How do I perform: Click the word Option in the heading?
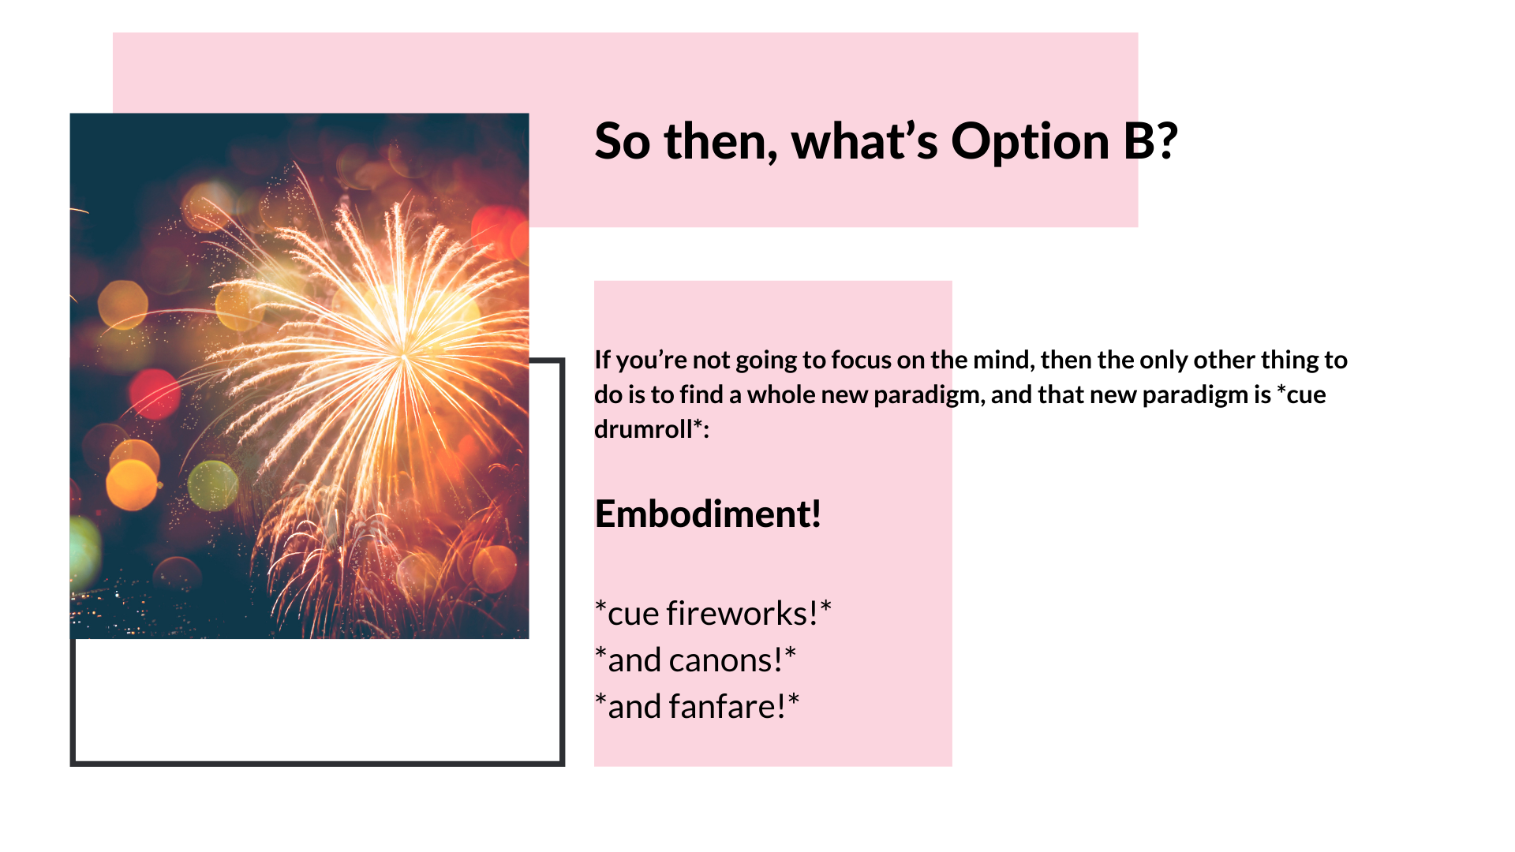point(1031,143)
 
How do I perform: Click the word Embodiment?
point(708,514)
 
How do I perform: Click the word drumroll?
point(643,428)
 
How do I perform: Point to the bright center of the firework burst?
point(403,353)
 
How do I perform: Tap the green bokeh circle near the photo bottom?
point(212,484)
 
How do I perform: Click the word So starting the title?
point(623,142)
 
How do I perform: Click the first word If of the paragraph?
point(602,360)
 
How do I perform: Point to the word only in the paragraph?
point(1164,360)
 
